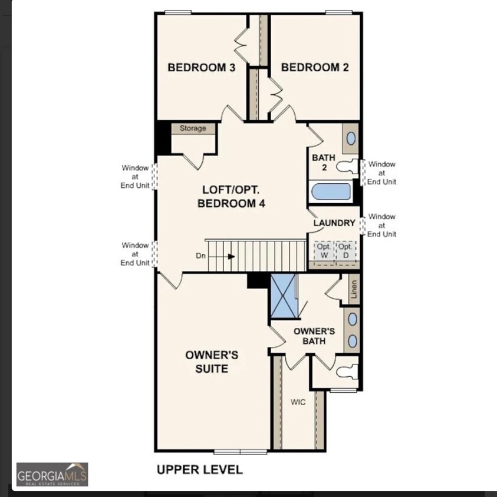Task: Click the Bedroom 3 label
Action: [x=202, y=68]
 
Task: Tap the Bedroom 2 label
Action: [x=315, y=68]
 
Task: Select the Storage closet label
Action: [x=193, y=128]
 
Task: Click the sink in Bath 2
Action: [x=351, y=138]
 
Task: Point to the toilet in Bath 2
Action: [x=347, y=167]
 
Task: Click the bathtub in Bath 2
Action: [x=331, y=192]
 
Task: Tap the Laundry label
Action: [x=334, y=223]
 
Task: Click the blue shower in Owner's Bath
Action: [x=284, y=296]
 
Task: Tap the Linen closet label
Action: [x=354, y=289]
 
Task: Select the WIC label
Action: [x=298, y=402]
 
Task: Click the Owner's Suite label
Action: [x=212, y=362]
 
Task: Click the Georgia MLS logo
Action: [x=52, y=475]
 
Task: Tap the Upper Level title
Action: [x=200, y=469]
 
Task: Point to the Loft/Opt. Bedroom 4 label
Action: [x=231, y=197]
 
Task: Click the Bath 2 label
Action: [x=324, y=163]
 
